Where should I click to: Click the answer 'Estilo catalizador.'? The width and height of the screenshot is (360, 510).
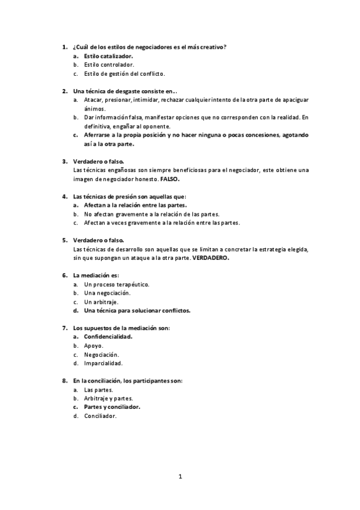click(x=108, y=55)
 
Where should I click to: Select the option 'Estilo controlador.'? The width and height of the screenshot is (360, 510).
click(x=109, y=64)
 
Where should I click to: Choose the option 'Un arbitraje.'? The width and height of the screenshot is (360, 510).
click(x=101, y=302)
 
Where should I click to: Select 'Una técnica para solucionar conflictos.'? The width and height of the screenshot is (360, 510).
click(x=137, y=311)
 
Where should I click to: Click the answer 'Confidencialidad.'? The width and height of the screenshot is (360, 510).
click(x=108, y=337)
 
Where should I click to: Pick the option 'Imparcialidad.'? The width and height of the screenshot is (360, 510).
click(x=103, y=363)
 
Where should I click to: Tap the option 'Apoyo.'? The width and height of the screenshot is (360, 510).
click(x=94, y=346)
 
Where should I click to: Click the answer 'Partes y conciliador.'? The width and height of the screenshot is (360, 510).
click(x=112, y=407)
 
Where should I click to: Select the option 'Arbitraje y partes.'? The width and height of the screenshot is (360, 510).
click(x=109, y=398)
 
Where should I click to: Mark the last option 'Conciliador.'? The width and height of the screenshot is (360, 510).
click(x=100, y=416)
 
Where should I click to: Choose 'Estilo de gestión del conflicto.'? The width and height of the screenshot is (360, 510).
click(x=124, y=73)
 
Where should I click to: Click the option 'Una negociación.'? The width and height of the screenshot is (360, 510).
click(x=108, y=293)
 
